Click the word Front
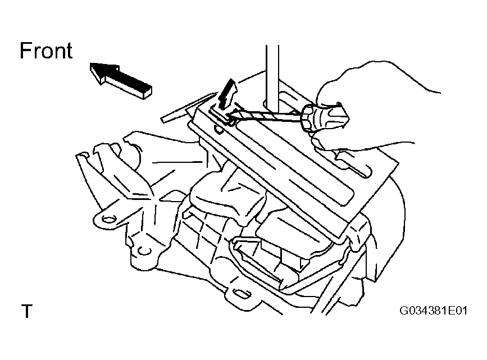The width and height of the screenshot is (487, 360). (46, 51)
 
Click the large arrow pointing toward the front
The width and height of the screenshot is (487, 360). (121, 80)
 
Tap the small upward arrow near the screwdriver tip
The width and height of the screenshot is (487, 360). (227, 94)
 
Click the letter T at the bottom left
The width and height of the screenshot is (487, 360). (27, 311)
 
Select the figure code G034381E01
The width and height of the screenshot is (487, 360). (433, 311)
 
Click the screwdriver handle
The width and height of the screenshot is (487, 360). (325, 117)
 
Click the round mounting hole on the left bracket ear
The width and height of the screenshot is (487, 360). (108, 220)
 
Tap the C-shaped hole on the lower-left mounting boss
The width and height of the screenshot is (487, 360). (143, 250)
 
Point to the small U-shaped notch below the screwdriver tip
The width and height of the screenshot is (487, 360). (219, 129)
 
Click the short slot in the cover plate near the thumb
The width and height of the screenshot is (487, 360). (354, 165)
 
